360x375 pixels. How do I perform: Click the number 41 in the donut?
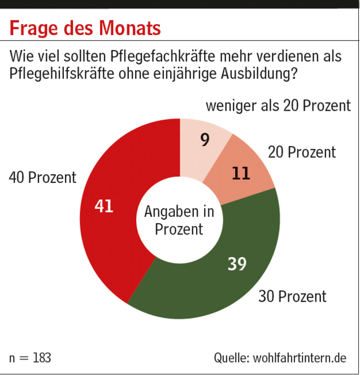104,207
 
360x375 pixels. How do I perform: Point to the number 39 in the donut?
237,263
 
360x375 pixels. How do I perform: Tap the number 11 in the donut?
241,173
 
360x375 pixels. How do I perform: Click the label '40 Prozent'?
42,177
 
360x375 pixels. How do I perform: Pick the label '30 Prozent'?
292,296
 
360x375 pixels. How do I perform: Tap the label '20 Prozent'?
302,152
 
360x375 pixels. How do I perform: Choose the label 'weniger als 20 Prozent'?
278,106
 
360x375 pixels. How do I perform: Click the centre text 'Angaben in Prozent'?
179,221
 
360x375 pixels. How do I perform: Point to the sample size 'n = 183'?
30,357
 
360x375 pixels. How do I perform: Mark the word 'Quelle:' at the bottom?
231,357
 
